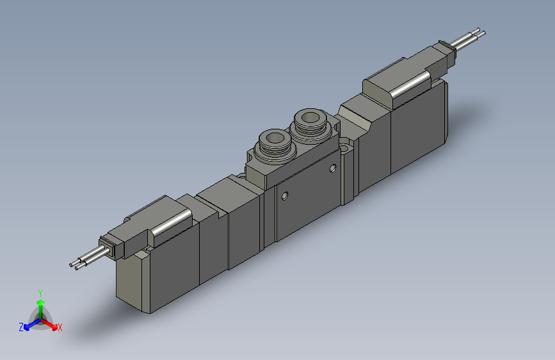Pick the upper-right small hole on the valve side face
point(333,168)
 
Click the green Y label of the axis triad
point(40,292)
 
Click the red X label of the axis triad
point(60,327)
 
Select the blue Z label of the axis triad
point(21,327)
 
